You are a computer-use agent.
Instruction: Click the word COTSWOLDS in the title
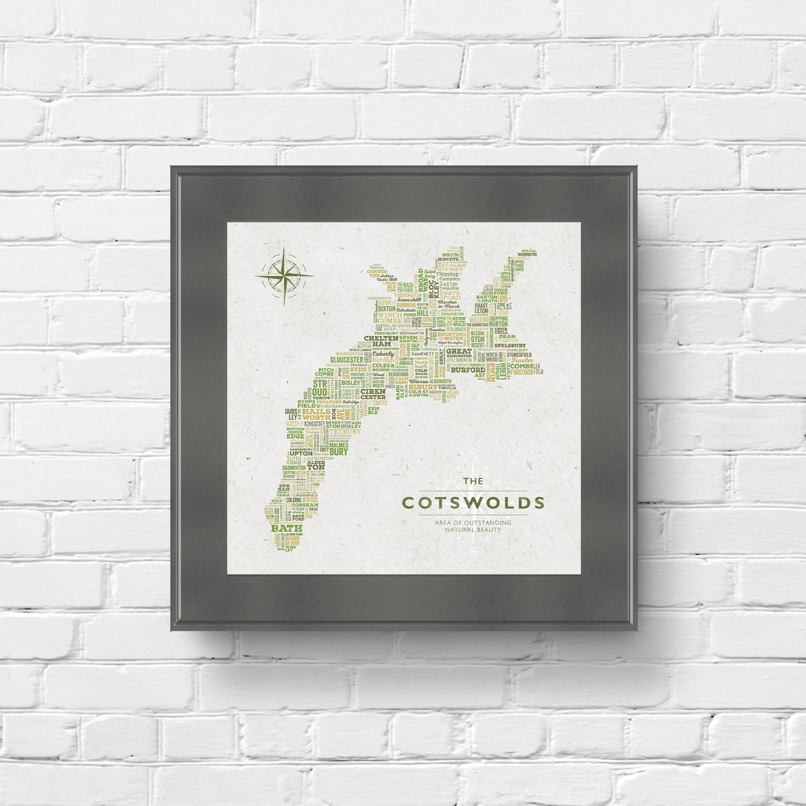click(473, 503)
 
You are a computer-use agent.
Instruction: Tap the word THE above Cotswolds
click(473, 481)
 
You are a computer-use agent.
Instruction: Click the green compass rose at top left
click(283, 275)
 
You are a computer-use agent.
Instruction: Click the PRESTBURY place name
click(371, 333)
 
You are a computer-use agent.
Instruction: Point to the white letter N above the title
click(474, 455)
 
